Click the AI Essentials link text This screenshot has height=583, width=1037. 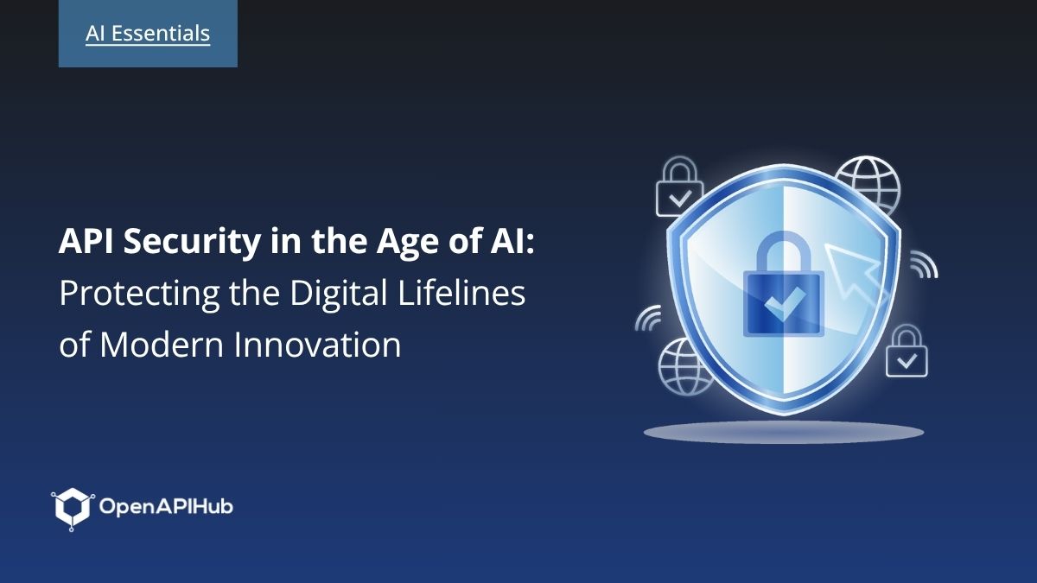pyautogui.click(x=148, y=34)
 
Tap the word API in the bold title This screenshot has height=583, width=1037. pyautogui.click(x=86, y=241)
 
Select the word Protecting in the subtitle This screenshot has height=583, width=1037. pyautogui.click(x=139, y=295)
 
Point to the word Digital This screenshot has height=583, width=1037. pyautogui.click(x=339, y=293)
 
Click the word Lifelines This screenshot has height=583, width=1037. pyautogui.click(x=461, y=293)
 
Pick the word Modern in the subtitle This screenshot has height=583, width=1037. pyautogui.click(x=162, y=345)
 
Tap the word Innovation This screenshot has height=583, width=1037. pyautogui.click(x=317, y=345)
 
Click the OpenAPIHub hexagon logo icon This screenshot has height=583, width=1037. pyautogui.click(x=73, y=509)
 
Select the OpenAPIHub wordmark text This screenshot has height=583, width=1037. pyautogui.click(x=166, y=507)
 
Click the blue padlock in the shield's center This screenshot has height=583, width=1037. pyautogui.click(x=784, y=283)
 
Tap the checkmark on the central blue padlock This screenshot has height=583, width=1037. pyautogui.click(x=784, y=304)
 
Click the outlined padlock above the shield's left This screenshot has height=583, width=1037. pyautogui.click(x=679, y=187)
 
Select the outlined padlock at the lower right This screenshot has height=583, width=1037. pyautogui.click(x=907, y=352)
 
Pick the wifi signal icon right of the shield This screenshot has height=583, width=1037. pyautogui.click(x=924, y=264)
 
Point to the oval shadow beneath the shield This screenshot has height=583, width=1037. pyautogui.click(x=784, y=433)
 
